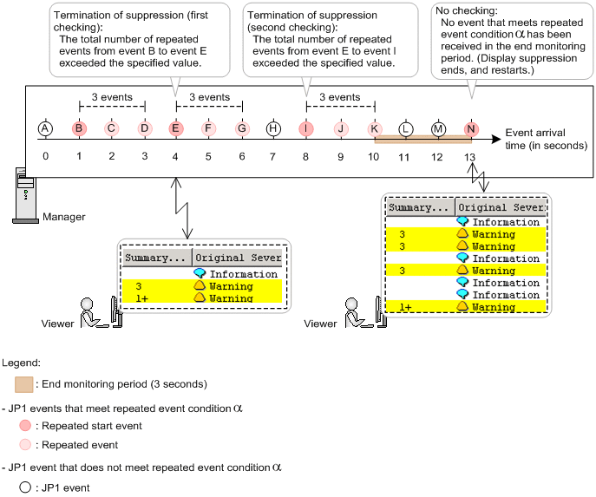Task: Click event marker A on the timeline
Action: point(45,129)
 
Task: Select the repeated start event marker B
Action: point(79,129)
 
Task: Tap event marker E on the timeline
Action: point(176,129)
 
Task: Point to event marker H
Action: point(274,129)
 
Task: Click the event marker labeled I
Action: point(306,129)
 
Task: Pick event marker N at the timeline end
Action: point(471,129)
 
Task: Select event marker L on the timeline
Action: point(405,129)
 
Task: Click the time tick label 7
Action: point(274,157)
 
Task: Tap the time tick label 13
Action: point(470,157)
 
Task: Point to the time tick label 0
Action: point(45,157)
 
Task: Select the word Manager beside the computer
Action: point(63,217)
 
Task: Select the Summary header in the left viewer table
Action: point(155,258)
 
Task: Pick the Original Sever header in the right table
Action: point(501,207)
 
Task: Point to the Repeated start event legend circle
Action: point(24,426)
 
